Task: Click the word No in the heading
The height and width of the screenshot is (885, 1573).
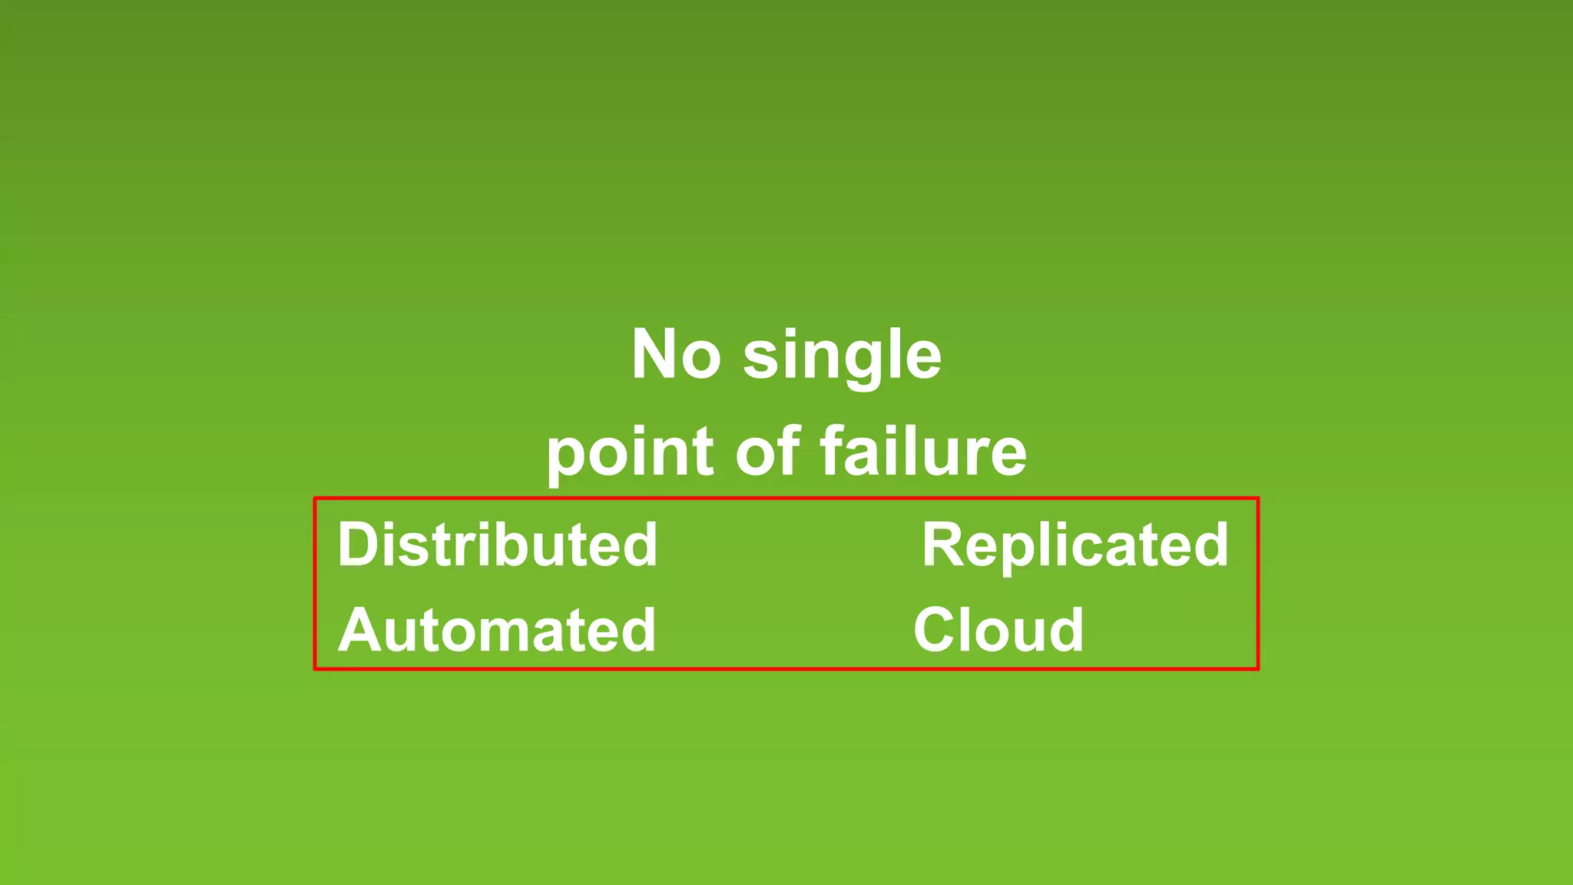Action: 676,355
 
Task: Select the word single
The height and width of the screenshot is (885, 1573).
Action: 842,356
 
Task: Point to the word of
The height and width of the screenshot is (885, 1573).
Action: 767,452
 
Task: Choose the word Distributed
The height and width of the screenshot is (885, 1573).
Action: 498,545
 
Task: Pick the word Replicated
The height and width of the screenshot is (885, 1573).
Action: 1075,545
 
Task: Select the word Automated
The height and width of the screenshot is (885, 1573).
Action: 497,631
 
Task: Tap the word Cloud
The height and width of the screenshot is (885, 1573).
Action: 998,631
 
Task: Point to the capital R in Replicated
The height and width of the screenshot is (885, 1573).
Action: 943,545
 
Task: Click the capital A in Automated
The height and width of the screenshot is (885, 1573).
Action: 362,631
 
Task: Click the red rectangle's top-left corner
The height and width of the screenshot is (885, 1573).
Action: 315,499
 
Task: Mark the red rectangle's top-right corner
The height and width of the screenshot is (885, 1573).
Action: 1257,499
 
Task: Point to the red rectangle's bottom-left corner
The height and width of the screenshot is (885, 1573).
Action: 315,668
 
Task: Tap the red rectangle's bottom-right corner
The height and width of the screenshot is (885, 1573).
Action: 1257,668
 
